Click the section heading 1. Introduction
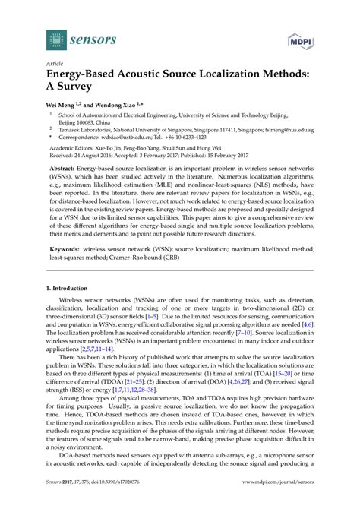tap(72, 290)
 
